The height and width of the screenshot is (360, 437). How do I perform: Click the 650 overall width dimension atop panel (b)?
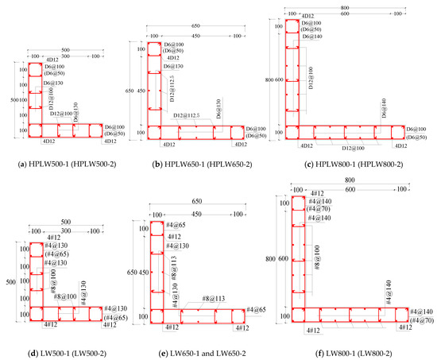click(195, 26)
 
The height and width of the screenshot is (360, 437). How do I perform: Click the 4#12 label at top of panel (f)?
click(316, 193)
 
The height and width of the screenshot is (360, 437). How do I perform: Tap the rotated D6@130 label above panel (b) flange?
click(217, 108)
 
